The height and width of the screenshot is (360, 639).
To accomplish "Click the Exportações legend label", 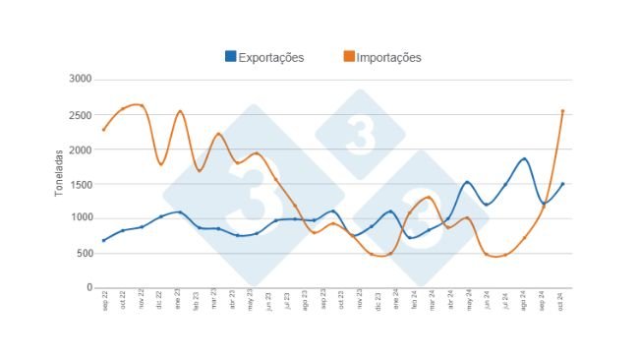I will point(271,57).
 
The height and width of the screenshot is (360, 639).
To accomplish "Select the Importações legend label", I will point(389,57).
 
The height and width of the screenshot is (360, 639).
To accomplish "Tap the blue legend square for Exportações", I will point(231,57).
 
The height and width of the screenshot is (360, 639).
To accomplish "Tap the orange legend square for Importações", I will point(349,57).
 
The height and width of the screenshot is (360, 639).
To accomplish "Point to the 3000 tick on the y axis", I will point(81,80).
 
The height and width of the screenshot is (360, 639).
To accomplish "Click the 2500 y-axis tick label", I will point(81,115).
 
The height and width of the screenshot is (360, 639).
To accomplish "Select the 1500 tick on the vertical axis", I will point(81,184).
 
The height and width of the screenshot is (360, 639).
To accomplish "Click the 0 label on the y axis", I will point(88,287).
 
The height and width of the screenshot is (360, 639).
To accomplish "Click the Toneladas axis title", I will point(60,172).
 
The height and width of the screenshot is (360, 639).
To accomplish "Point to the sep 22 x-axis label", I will point(104,300).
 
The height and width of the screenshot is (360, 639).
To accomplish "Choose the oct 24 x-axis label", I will point(562,300).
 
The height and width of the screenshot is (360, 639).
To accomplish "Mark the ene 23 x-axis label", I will point(180,300).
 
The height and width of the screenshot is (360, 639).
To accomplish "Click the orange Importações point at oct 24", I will point(562,111).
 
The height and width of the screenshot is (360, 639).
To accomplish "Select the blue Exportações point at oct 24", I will point(562,184).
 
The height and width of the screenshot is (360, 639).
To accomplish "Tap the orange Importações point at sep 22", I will point(104,129).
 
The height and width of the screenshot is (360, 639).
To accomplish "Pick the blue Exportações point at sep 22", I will point(104,240).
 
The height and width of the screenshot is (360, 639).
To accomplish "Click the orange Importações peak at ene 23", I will point(180,111).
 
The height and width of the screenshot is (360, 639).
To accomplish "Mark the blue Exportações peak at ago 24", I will point(525,158).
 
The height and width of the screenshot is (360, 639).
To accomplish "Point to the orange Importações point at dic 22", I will point(161,163).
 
